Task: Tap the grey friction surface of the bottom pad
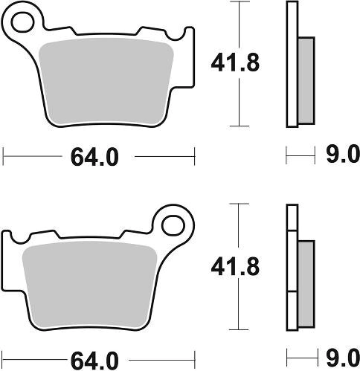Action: pos(90,285)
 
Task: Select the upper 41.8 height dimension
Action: pos(235,63)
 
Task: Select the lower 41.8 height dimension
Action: pos(235,267)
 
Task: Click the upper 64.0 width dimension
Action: pos(94,157)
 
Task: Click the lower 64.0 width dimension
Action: pos(94,361)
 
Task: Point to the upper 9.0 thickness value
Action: pos(343,155)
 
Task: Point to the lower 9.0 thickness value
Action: pos(343,358)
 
